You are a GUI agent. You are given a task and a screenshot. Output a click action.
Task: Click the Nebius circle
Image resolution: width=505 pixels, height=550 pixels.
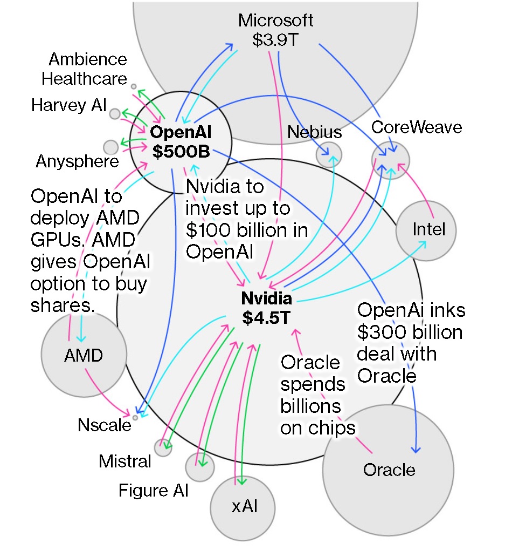pos(329,154)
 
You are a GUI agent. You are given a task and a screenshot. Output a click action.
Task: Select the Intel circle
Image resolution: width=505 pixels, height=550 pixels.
pos(426,230)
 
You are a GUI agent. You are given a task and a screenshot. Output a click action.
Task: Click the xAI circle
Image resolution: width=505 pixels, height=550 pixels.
pos(243,508)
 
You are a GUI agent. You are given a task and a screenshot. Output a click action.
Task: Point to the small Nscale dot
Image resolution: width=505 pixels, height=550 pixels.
pos(135,417)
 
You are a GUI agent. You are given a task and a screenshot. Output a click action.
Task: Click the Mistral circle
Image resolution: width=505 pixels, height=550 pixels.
pos(163,447)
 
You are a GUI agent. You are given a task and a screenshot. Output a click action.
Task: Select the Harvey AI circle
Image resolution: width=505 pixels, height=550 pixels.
pos(115,114)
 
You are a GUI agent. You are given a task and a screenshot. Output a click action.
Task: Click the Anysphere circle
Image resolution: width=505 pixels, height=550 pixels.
pos(110,147)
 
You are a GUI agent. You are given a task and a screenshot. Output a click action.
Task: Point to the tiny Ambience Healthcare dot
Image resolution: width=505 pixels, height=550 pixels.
pos(134,86)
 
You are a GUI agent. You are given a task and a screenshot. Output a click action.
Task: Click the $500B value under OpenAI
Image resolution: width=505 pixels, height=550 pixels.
pos(181,152)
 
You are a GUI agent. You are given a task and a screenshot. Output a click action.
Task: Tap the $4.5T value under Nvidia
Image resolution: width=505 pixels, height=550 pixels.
pos(267,317)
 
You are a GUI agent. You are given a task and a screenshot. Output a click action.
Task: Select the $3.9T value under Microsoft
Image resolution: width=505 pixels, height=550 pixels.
pos(275,40)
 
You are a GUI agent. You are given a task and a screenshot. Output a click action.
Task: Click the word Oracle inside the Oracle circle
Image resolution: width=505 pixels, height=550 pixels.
pos(389,470)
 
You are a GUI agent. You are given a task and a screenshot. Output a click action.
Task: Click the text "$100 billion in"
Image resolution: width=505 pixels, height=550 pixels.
pos(247,230)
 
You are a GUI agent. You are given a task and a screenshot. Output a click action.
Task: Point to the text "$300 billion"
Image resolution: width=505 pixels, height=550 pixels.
pos(410,332)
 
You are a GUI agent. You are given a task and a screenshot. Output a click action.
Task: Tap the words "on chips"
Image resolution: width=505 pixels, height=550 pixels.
pos(318,427)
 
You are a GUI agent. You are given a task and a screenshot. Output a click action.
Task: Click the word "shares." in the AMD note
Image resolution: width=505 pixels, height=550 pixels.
pos(63,305)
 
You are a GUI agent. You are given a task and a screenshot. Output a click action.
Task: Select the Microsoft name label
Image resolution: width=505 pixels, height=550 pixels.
pos(276,21)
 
